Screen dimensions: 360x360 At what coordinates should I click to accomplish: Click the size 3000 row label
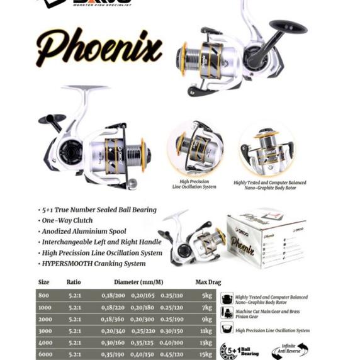(45, 330)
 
